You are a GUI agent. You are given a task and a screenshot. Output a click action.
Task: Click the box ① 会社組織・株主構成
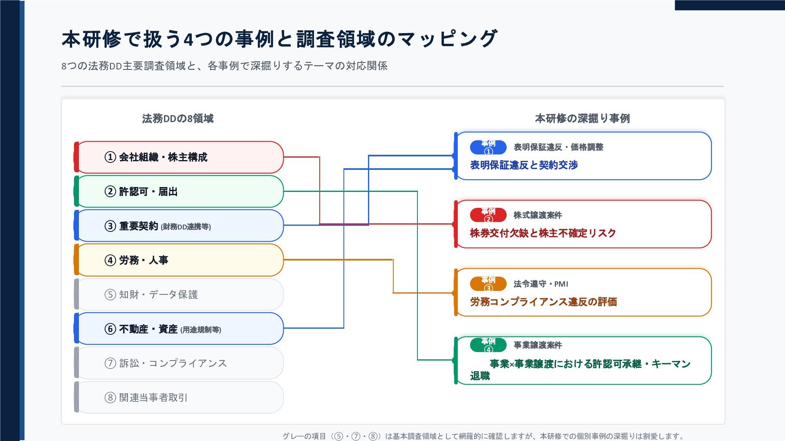179,157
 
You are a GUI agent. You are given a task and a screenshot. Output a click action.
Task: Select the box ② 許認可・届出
179,192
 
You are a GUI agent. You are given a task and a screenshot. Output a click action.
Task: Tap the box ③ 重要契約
179,226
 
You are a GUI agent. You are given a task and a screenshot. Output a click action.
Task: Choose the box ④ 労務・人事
179,260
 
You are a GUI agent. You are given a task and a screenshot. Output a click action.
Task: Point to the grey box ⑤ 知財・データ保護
179,294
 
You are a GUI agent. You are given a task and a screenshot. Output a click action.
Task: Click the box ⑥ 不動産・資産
179,329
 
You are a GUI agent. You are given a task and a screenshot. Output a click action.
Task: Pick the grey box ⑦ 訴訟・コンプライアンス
179,363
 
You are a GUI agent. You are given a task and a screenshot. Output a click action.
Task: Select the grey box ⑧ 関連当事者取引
179,397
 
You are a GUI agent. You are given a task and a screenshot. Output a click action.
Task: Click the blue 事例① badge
488,147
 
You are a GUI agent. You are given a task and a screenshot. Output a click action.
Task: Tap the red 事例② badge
488,215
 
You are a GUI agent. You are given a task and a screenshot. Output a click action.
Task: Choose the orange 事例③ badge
488,284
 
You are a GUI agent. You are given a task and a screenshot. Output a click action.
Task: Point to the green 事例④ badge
488,345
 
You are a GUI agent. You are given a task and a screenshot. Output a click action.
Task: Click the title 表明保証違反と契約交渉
524,165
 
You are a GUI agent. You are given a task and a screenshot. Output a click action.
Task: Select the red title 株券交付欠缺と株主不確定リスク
543,233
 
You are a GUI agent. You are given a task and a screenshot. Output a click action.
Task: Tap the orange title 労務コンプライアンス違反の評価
543,302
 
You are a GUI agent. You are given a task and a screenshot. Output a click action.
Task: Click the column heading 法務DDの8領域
178,118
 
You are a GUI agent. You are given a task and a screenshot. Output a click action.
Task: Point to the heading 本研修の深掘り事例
582,118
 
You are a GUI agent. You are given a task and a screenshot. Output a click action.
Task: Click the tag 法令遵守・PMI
541,284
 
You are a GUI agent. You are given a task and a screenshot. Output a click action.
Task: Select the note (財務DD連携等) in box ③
186,227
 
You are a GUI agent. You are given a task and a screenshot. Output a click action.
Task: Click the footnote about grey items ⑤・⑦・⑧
484,436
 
